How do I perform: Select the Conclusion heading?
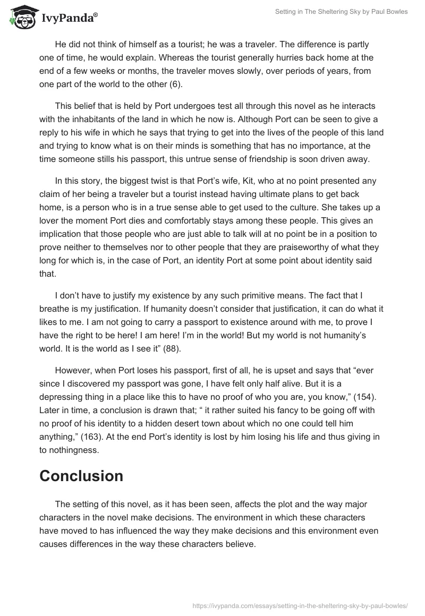[81, 475]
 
